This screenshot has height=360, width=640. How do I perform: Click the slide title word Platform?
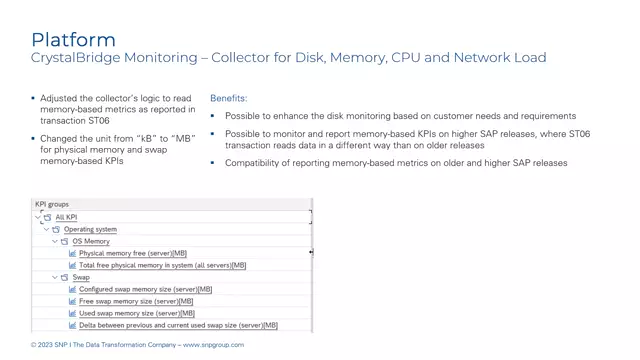click(73, 40)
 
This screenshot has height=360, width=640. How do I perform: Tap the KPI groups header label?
click(52, 204)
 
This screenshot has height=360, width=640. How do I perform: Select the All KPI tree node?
click(67, 217)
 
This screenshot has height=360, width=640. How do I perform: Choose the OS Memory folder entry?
click(91, 241)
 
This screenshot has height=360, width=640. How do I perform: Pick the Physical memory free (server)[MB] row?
click(132, 253)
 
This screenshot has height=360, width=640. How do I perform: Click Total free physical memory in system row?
click(161, 265)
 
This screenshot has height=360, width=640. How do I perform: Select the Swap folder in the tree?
click(81, 277)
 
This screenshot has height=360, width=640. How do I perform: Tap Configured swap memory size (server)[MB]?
click(145, 289)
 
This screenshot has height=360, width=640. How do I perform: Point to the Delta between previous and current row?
click(178, 325)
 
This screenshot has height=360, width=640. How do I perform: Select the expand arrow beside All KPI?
click(38, 217)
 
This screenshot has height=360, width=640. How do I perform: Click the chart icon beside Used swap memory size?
click(72, 313)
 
